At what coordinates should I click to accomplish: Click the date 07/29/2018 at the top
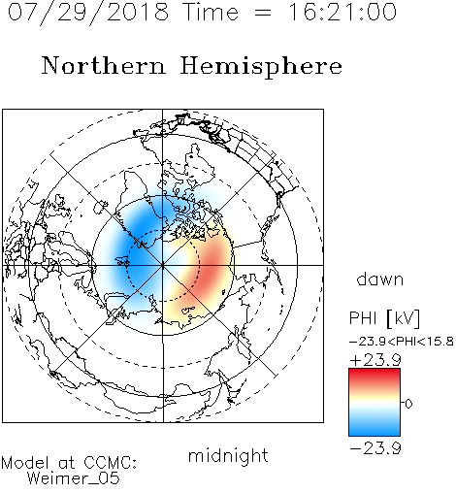88,13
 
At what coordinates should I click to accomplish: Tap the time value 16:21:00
342,12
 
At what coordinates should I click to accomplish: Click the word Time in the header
211,12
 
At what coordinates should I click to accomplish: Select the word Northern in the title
104,66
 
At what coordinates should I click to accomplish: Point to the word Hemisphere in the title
261,67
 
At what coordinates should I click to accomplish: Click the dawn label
380,279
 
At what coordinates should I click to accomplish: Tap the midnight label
228,455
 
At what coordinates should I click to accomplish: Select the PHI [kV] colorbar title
384,318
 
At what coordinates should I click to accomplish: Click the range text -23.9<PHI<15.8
402,342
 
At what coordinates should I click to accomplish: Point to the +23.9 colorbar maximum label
375,360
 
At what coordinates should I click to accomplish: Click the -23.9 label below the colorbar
375,448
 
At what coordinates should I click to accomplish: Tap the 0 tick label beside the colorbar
408,404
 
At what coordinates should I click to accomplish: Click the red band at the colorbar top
375,375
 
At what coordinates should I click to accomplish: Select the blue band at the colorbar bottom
375,429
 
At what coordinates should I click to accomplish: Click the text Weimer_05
73,478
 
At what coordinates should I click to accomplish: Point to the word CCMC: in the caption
110,463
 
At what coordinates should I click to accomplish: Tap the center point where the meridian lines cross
163,265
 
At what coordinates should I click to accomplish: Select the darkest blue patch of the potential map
138,249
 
